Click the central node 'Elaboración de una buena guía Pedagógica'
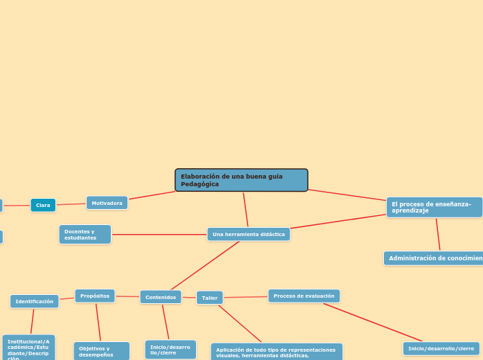click(241, 180)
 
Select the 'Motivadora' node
click(107, 203)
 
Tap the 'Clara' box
click(43, 205)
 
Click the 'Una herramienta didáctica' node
click(248, 234)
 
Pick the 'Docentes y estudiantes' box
click(85, 235)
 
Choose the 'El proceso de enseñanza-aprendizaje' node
click(434, 207)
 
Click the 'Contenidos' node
click(160, 297)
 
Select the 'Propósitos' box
click(95, 296)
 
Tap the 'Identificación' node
click(34, 301)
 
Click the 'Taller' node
click(209, 298)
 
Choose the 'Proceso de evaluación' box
click(304, 296)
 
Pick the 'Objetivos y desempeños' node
click(101, 351)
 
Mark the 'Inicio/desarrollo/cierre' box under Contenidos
click(170, 350)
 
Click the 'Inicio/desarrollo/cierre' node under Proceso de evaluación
click(441, 348)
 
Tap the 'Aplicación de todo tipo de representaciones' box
click(276, 352)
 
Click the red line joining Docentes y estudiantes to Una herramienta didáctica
click(159, 235)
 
